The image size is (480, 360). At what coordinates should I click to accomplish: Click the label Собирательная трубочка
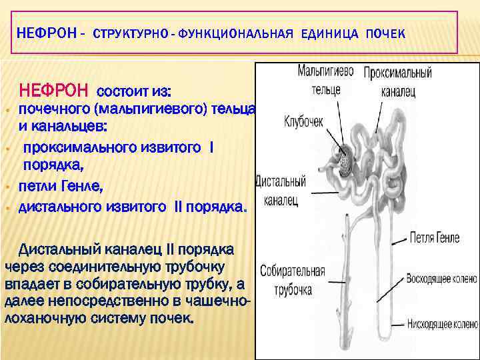pos(293,281)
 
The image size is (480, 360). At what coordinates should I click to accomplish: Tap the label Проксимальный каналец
pos(398,80)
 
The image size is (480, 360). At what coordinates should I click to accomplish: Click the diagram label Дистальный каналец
pos(281,189)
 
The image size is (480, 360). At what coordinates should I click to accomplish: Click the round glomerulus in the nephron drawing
pos(346,165)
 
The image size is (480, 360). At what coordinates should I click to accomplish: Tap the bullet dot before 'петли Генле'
pos(7,187)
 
